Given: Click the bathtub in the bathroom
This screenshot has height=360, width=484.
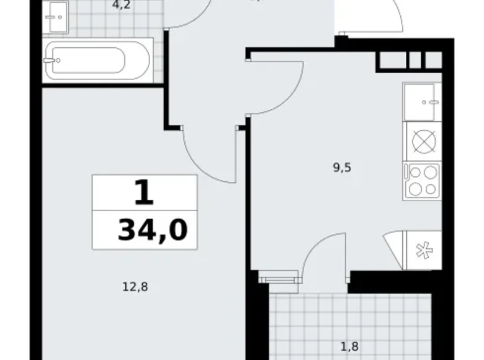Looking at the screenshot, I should pos(97,60).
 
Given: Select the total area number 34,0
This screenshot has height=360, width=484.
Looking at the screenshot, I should pos(153,231).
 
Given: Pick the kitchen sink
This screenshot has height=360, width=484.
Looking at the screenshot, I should pos(422,101).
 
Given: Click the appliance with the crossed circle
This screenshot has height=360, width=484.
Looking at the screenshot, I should pos(422,142).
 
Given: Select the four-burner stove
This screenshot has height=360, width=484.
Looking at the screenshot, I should pos(422,180).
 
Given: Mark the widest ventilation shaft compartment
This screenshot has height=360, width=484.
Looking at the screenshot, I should pos(392,60).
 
